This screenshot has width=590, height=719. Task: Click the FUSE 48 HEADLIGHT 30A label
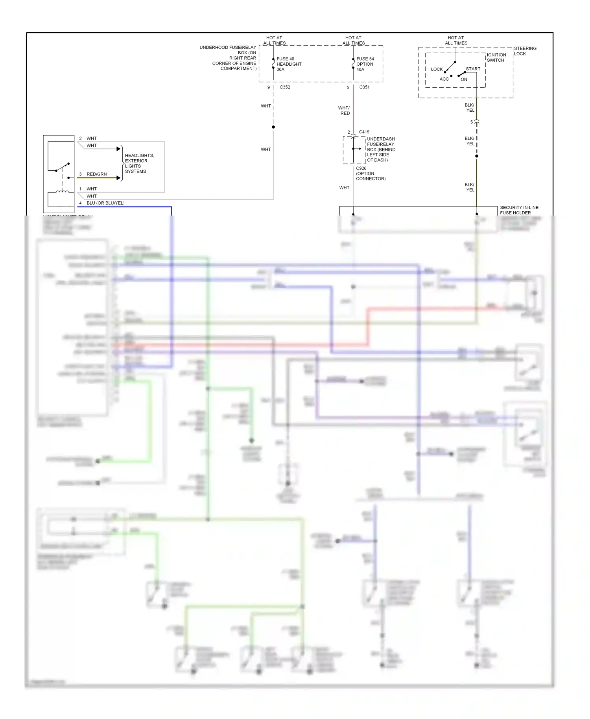click(x=289, y=64)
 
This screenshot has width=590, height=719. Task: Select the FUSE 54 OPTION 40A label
click(x=365, y=64)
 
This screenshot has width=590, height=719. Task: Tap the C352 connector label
click(x=285, y=87)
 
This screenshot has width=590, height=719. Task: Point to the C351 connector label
click(x=364, y=87)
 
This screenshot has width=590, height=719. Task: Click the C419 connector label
click(x=364, y=132)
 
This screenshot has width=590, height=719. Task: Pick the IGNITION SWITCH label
click(x=496, y=57)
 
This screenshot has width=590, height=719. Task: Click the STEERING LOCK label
click(x=525, y=51)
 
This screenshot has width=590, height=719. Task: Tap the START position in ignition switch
click(x=473, y=69)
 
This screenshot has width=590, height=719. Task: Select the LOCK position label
click(x=437, y=69)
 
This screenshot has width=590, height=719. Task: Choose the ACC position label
click(x=444, y=79)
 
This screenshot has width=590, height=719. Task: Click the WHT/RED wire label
click(x=344, y=111)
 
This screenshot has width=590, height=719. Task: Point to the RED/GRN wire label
click(x=97, y=174)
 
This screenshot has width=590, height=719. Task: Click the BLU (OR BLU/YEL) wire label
click(x=105, y=203)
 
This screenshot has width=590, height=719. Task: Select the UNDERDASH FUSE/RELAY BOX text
click(x=381, y=149)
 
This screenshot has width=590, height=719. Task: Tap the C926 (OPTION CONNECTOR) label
click(x=370, y=173)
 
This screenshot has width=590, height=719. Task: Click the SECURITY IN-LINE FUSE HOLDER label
click(x=519, y=210)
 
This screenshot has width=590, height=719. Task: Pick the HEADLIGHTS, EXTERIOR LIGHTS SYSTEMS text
click(x=139, y=163)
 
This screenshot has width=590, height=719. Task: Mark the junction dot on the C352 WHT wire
click(x=273, y=127)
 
